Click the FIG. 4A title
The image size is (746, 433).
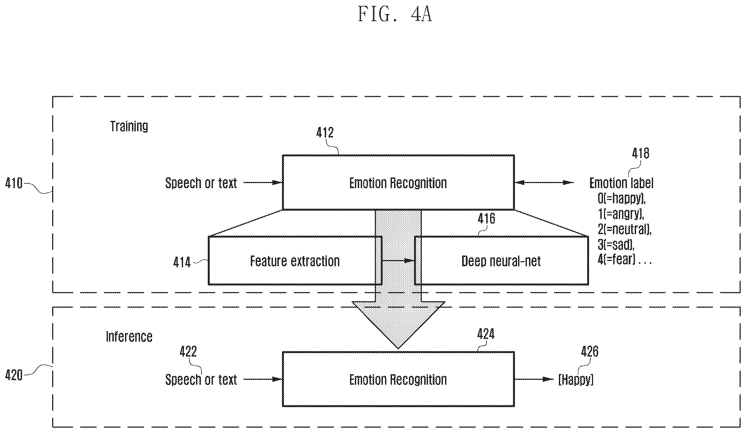395,14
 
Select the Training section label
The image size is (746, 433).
129,126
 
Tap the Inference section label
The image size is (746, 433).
129,337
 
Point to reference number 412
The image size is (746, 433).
325,132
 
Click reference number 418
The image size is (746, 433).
641,153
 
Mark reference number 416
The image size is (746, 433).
486,219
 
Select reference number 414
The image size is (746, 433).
182,262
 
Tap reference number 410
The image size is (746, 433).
14,183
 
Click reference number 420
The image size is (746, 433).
14,375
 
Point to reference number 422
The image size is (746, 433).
188,351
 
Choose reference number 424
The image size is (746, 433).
486,334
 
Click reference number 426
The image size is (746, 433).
589,351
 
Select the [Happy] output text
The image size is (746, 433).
576,380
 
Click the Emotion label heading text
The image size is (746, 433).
621,183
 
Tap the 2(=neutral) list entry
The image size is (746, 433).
624,229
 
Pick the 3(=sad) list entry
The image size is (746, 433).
616,245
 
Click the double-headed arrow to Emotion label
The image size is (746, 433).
544,183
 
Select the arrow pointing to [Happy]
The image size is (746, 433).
534,379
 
